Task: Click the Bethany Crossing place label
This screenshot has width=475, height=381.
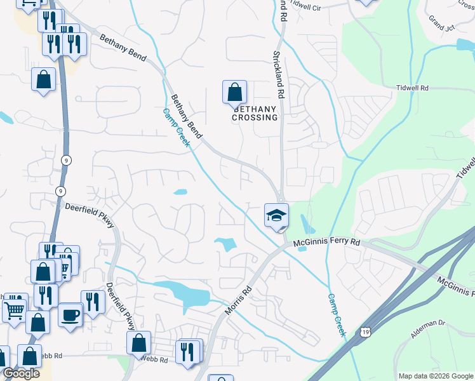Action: point(255,112)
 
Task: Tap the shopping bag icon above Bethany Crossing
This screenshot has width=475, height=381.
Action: point(234,92)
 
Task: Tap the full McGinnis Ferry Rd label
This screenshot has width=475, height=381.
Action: point(326,243)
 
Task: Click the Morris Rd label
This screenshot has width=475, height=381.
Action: point(238,301)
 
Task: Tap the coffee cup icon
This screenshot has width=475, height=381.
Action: point(70,314)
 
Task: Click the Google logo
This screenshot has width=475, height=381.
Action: point(21,373)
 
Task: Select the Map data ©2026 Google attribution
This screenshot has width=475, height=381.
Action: point(435,376)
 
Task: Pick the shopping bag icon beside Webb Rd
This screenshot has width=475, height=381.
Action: point(138,343)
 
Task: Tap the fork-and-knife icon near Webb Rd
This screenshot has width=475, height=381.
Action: point(189,352)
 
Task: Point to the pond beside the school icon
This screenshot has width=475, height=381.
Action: point(307,224)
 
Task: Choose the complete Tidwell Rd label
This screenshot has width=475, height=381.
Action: point(412,88)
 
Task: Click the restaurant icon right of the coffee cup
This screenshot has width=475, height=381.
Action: point(93,302)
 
